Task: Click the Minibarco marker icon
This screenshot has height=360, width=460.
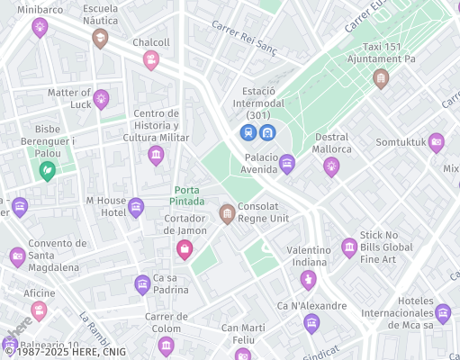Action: pos(40,28)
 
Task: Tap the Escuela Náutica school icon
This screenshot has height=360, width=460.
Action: pos(100,38)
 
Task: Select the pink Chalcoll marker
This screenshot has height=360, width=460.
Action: pos(151,59)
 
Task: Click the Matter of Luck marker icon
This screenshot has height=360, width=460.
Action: pos(101,98)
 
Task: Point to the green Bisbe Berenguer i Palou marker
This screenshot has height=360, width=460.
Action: pos(48,169)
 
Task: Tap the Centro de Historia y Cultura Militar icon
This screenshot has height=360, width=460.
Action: pos(156,156)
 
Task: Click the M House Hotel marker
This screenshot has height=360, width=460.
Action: pos(136,207)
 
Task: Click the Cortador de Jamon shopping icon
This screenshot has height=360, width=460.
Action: pos(185,249)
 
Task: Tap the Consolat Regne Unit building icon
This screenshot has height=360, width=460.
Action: pos(227,213)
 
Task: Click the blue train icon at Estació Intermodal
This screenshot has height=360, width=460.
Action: pos(248,133)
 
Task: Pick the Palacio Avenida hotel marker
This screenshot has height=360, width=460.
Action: pos(287,163)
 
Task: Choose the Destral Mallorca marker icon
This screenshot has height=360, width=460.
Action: pos(331,166)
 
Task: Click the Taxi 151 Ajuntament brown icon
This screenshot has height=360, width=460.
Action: pos(381,78)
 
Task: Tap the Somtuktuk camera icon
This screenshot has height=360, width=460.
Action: pos(437,141)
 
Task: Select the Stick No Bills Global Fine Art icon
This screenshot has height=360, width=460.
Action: pos(349,247)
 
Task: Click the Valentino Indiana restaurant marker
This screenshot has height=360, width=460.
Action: pos(309,279)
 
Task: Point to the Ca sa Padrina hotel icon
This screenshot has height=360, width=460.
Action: pos(142,285)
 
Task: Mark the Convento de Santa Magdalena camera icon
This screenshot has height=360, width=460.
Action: pos(17,257)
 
